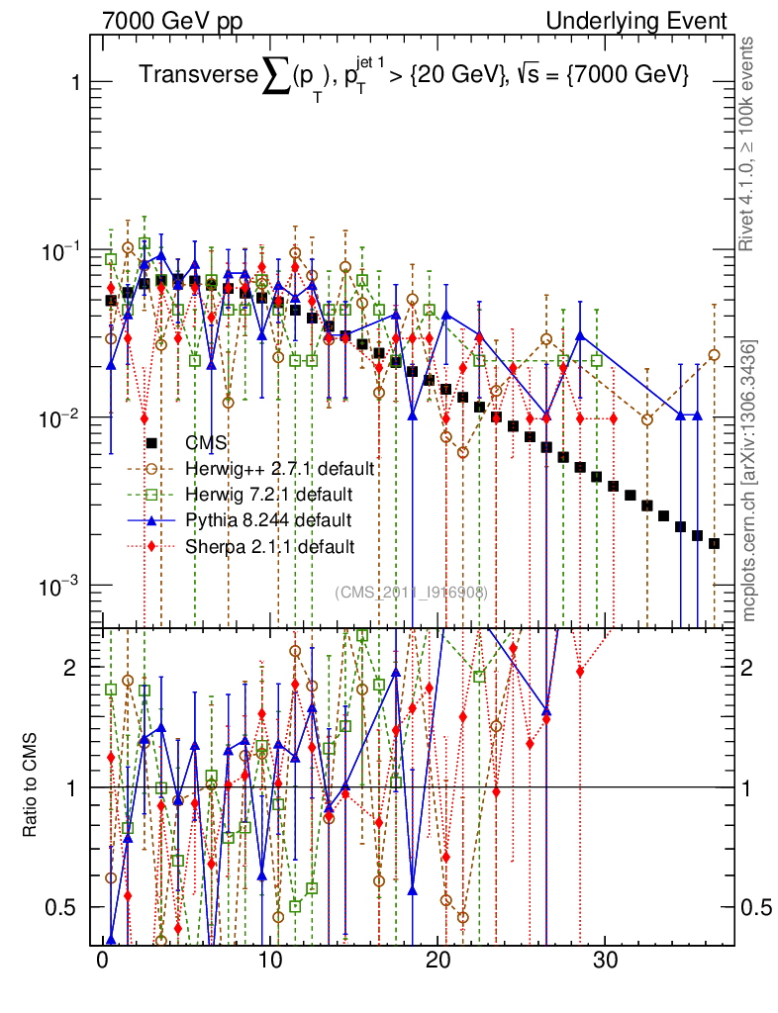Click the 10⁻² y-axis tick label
tap(62, 417)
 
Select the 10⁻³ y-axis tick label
tap(62, 586)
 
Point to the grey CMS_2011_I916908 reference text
tap(411, 592)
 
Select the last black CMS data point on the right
tap(714, 543)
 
